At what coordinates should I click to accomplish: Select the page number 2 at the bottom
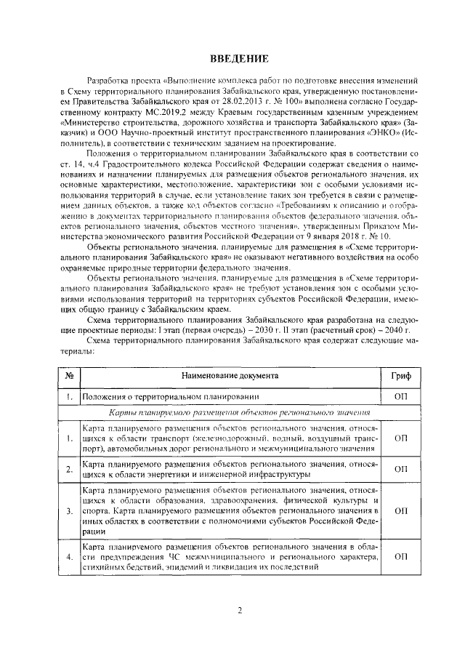tap(239, 609)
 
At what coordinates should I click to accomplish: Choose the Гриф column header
tap(400, 375)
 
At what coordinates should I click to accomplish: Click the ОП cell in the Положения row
tap(400, 397)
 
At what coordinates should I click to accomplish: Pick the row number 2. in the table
tap(68, 469)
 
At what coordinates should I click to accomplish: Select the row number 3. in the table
tap(68, 512)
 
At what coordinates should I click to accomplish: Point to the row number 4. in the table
tap(68, 556)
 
